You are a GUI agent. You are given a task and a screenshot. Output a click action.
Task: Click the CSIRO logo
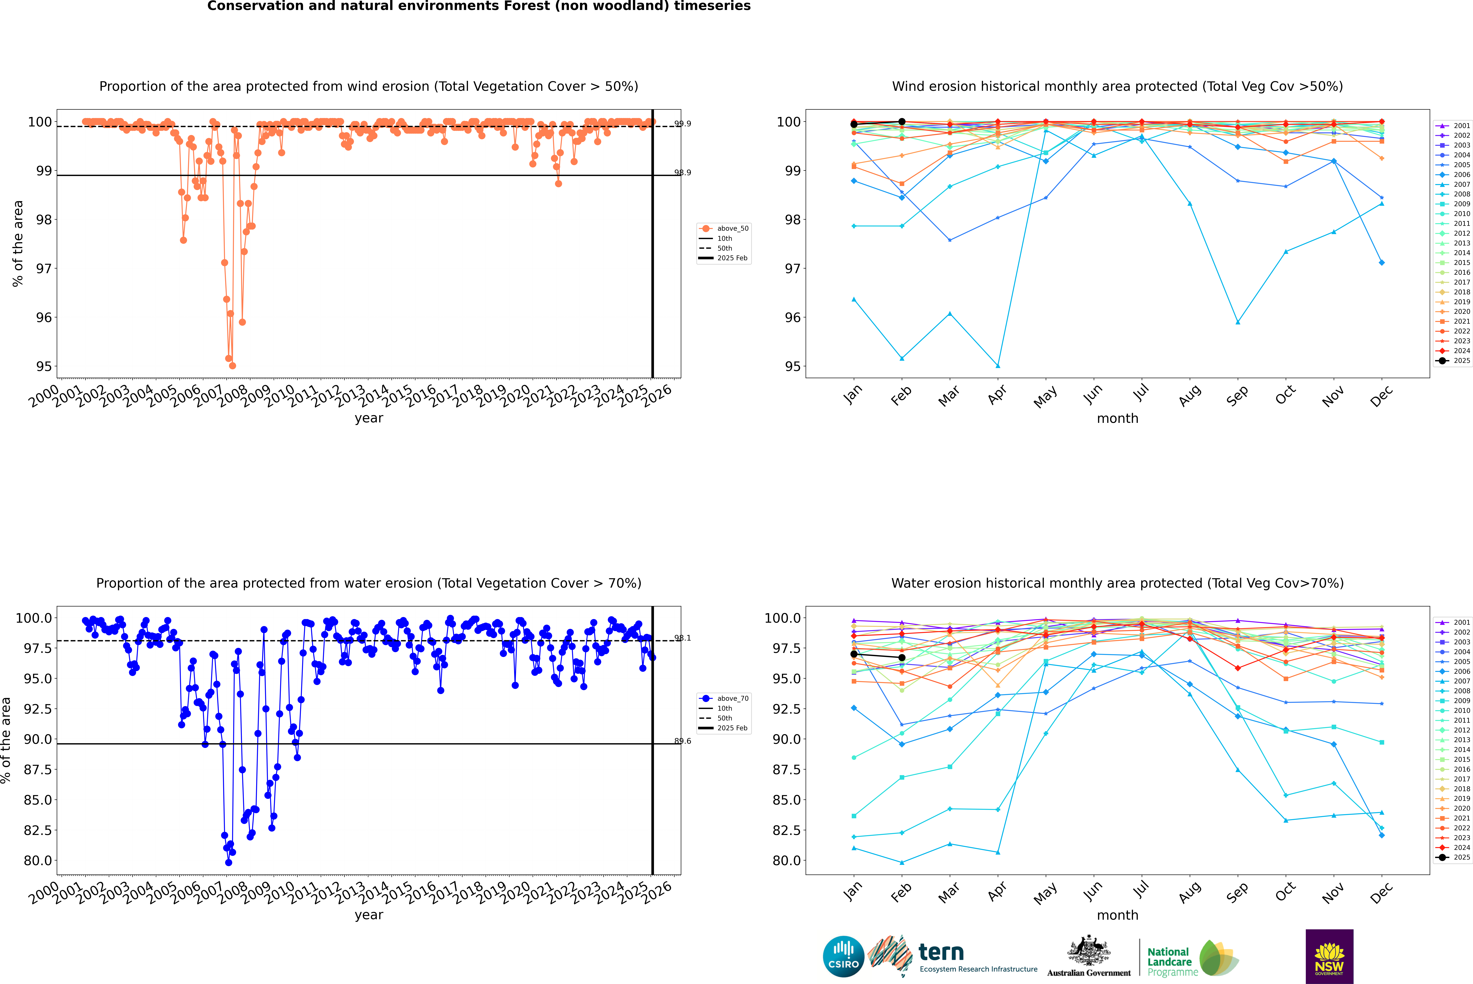(x=843, y=956)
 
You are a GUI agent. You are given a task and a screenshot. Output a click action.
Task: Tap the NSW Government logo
(x=1329, y=956)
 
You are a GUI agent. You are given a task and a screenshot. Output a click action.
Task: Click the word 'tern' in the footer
(x=941, y=953)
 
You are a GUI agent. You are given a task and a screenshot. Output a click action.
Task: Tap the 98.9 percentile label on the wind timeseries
(x=683, y=173)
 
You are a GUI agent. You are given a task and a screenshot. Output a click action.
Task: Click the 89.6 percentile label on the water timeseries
(x=683, y=741)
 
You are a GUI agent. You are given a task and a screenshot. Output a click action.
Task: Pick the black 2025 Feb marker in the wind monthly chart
(x=902, y=122)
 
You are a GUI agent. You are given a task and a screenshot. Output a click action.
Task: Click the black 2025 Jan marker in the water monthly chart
(x=854, y=655)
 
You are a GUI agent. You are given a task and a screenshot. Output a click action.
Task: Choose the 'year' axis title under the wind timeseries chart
(x=369, y=418)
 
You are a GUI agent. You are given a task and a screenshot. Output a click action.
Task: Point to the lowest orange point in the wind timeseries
(x=232, y=366)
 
